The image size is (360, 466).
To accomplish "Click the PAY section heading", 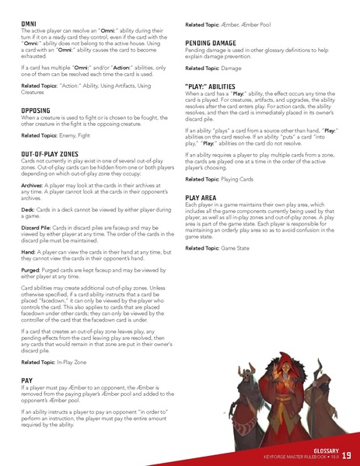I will coord(26,381).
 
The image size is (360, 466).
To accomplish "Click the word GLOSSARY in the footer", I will coord(319,450).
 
